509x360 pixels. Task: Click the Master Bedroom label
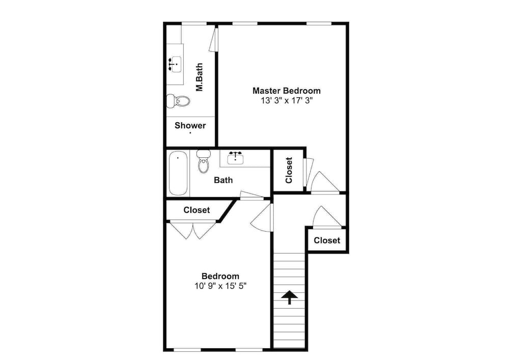[286, 91]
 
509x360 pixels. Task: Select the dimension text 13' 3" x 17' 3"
[287, 101]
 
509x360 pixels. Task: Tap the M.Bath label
[199, 77]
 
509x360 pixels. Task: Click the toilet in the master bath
[178, 101]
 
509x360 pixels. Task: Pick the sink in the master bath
[175, 64]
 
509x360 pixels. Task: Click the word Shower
[190, 126]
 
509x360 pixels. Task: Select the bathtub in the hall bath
[178, 173]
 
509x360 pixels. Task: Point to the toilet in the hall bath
[204, 161]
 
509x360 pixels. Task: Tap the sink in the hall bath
[235, 157]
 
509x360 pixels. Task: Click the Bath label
[223, 180]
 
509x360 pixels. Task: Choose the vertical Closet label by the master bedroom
[289, 170]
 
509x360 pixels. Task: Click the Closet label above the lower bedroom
[196, 210]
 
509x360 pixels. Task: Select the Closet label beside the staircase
[327, 240]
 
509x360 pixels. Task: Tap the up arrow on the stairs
[289, 297]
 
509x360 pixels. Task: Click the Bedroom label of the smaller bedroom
[220, 276]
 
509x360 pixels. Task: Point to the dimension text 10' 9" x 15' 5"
[220, 286]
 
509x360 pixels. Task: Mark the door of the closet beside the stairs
[327, 216]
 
